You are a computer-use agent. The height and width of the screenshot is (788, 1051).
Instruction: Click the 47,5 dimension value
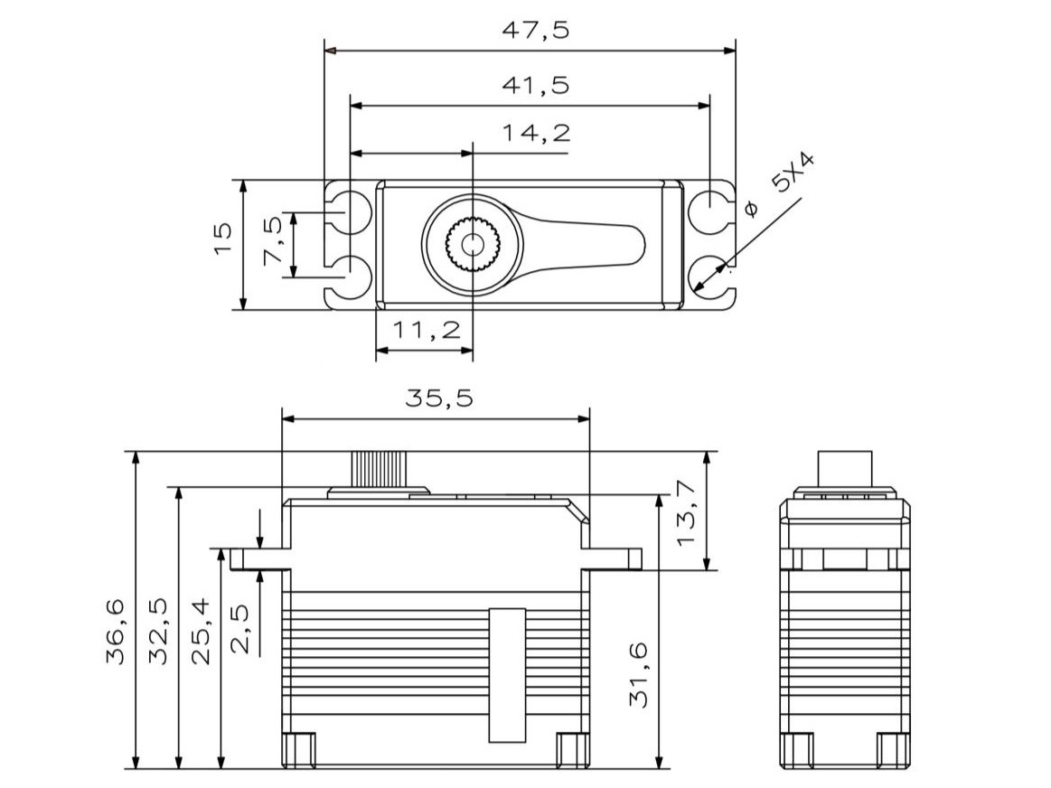pyautogui.click(x=536, y=31)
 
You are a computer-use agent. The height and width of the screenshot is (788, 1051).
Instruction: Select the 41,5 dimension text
pyautogui.click(x=536, y=86)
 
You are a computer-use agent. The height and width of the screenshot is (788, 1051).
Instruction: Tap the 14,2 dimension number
pyautogui.click(x=537, y=134)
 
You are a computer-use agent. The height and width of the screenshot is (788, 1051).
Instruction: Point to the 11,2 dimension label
pyautogui.click(x=425, y=331)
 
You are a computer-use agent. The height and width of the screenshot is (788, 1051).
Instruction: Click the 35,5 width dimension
pyautogui.click(x=438, y=399)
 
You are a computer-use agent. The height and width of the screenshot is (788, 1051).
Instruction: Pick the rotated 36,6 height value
pyautogui.click(x=116, y=631)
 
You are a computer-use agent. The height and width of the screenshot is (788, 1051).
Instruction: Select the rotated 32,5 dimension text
pyautogui.click(x=159, y=631)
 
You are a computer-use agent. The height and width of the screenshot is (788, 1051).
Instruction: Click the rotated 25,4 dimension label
pyautogui.click(x=202, y=631)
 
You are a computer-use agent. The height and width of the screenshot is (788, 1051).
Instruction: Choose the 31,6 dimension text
pyautogui.click(x=640, y=674)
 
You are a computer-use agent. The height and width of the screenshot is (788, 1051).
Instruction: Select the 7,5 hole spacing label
pyautogui.click(x=273, y=241)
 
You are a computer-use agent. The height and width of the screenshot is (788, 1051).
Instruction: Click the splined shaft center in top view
pyautogui.click(x=472, y=243)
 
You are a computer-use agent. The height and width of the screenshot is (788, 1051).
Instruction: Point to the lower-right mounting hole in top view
pyautogui.click(x=709, y=275)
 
